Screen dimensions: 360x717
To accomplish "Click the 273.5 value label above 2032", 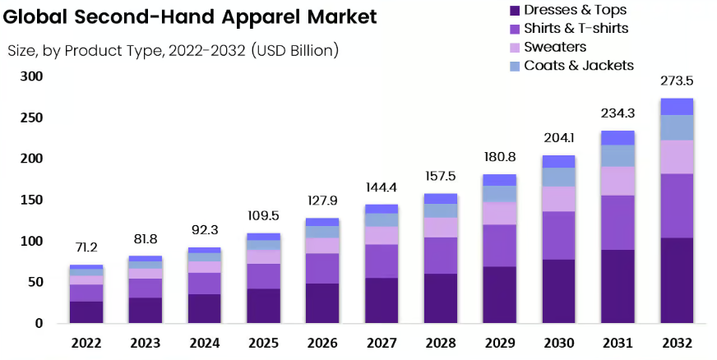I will click(x=677, y=81).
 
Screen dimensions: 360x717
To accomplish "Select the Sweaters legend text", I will click(x=555, y=47).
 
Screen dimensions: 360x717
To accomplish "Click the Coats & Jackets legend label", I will click(x=579, y=65).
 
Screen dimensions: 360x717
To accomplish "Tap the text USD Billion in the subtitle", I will click(x=295, y=50).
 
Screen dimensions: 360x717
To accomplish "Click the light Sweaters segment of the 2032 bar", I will click(x=677, y=157).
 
